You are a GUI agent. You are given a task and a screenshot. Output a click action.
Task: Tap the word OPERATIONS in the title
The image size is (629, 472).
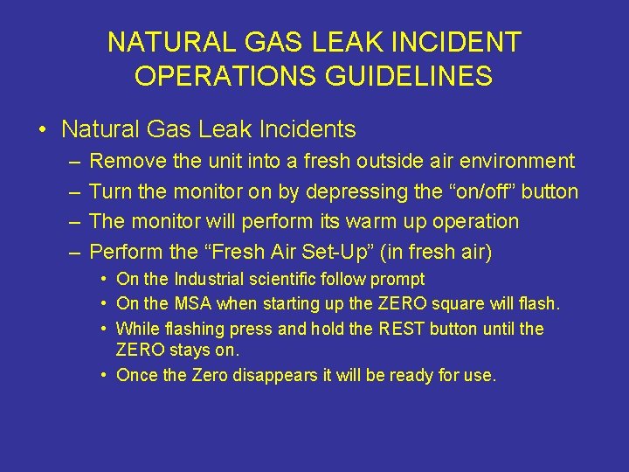pyautogui.click(x=222, y=76)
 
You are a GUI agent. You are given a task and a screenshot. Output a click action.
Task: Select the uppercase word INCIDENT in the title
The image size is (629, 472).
pyautogui.click(x=459, y=41)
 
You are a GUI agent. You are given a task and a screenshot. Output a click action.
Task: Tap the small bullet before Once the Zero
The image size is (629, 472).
pyautogui.click(x=104, y=376)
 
